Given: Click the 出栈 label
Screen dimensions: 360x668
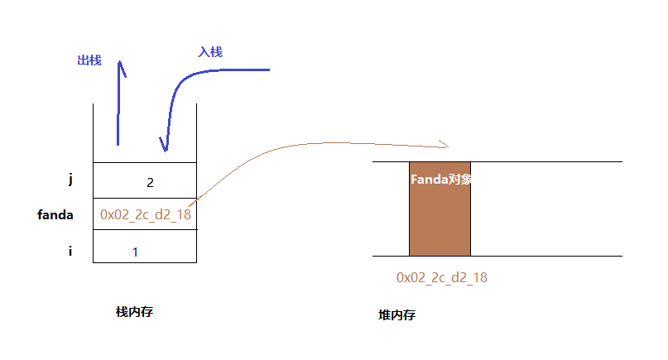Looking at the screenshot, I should tap(89, 60).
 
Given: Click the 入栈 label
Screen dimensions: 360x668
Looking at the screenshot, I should tap(210, 51).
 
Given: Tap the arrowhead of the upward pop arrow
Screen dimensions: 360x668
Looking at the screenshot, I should tap(121, 66).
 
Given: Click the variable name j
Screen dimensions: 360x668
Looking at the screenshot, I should tap(70, 178).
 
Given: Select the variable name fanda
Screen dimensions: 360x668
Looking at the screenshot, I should tap(55, 215).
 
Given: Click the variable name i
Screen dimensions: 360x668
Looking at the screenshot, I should tap(70, 250).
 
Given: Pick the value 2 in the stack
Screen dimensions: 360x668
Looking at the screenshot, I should tap(150, 182).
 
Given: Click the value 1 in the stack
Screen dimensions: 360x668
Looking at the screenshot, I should tap(135, 252).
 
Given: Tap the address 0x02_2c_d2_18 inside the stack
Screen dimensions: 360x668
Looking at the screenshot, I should tap(145, 214).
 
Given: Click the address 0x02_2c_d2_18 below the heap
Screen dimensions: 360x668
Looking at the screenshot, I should tap(442, 277).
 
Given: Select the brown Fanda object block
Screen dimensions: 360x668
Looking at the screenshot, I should tap(440, 219).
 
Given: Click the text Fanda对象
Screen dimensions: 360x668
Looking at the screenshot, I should tap(440, 179).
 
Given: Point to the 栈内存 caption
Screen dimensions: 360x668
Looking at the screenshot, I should tap(135, 312).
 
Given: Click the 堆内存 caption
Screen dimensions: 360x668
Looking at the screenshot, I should tap(396, 315).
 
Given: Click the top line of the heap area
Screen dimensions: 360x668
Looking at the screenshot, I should tap(546, 161).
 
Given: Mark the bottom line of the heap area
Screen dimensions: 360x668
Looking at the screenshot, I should tap(546, 257).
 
